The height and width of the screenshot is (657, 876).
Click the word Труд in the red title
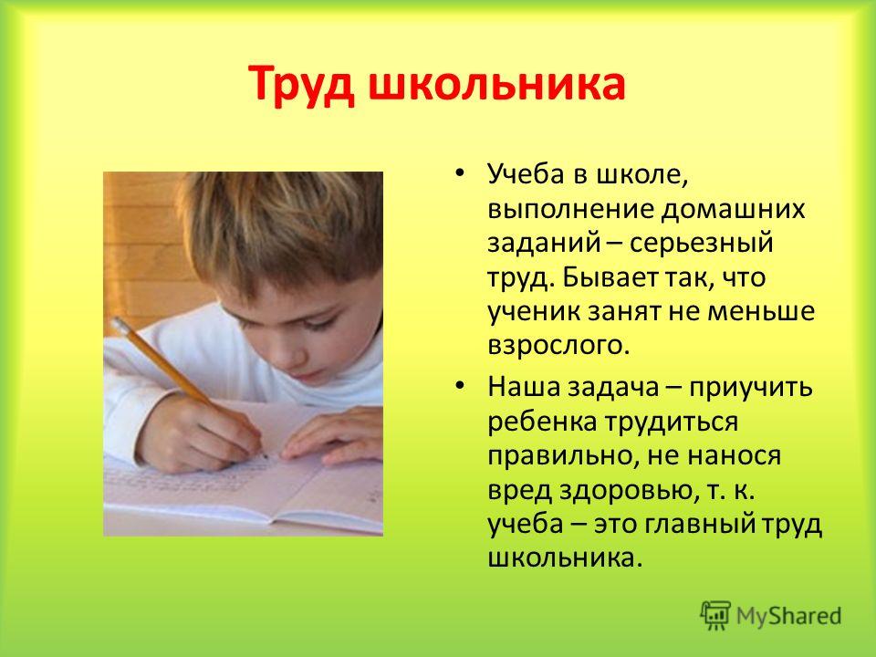coord(302,84)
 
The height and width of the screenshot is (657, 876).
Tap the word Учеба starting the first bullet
coord(527,174)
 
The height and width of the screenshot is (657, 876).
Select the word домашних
coord(734,210)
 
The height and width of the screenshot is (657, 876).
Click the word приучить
coord(750,388)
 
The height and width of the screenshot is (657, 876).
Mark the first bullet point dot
coord(459,173)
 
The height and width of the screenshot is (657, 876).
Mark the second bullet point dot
coord(459,386)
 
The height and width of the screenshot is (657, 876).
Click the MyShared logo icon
coord(715,616)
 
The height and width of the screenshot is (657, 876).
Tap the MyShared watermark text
coord(788,616)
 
